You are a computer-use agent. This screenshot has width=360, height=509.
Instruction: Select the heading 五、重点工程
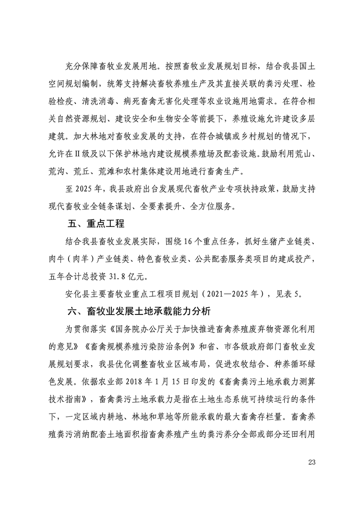click(x=95, y=224)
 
